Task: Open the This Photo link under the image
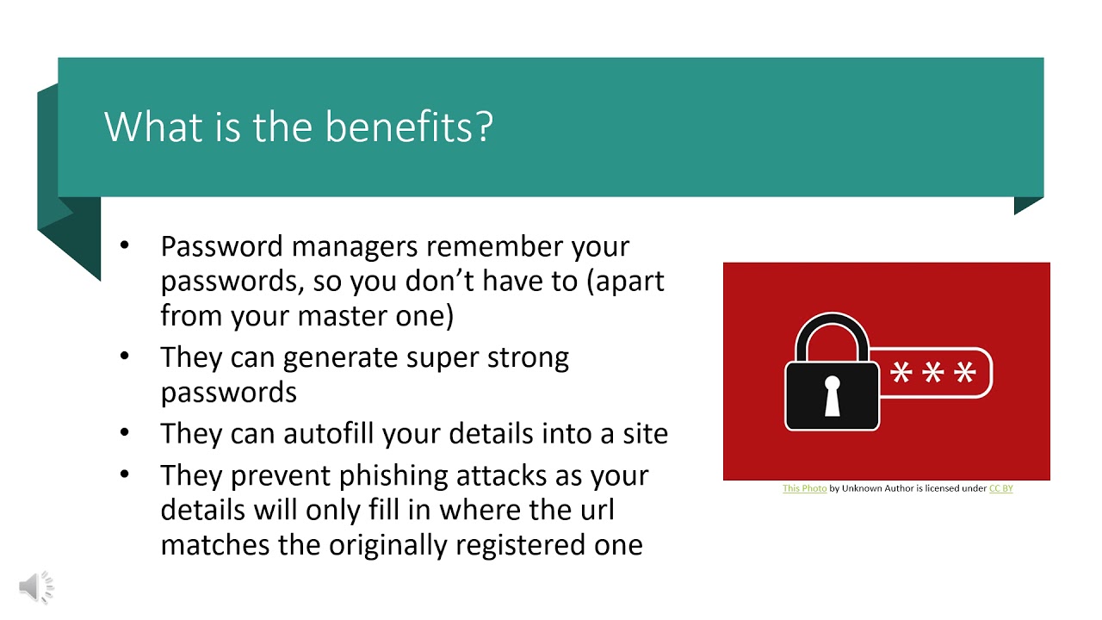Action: pos(804,488)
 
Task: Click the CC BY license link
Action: pos(1000,488)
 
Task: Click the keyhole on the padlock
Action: pos(832,394)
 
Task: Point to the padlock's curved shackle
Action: pos(832,332)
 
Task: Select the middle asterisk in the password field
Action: pos(932,374)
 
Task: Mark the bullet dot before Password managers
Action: pos(125,245)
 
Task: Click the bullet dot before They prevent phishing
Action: pos(125,474)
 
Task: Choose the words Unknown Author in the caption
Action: pos(875,488)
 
